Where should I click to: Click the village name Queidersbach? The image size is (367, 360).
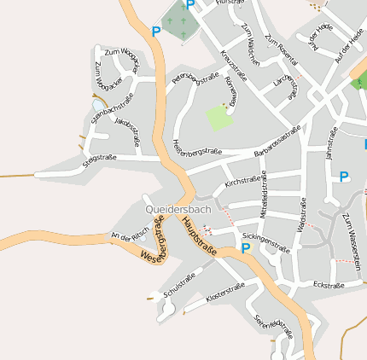[178, 209]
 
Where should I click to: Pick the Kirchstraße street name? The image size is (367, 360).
[242, 182]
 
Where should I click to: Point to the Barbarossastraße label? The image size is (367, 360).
[277, 141]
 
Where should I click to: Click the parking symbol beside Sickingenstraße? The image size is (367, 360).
[246, 249]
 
